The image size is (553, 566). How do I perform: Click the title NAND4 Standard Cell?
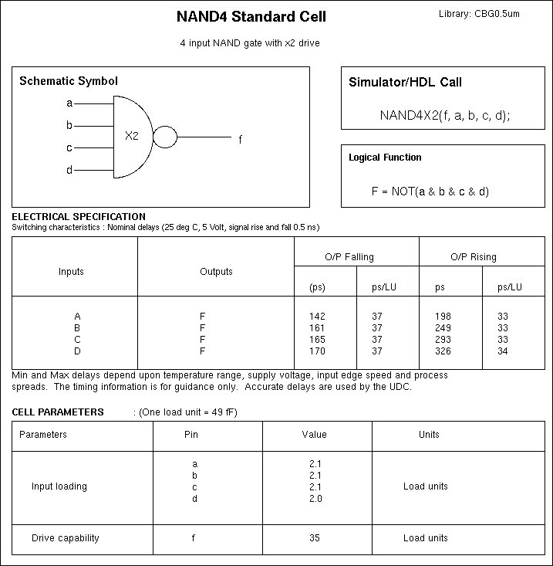click(x=251, y=17)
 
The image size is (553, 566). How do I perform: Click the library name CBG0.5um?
click(x=479, y=15)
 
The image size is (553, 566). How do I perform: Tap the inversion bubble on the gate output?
click(x=165, y=137)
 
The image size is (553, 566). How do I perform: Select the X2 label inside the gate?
click(x=132, y=136)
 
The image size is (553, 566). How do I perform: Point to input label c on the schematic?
click(x=69, y=147)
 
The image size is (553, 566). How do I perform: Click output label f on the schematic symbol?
click(x=240, y=140)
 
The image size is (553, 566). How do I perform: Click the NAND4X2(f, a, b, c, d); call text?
click(x=444, y=115)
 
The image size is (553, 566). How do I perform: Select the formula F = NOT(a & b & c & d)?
click(x=430, y=191)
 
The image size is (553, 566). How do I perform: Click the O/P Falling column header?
click(x=349, y=257)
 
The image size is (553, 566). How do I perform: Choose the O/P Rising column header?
click(x=474, y=257)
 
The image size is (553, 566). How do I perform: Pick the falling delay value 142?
click(x=317, y=317)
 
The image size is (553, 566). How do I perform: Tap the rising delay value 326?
click(x=443, y=351)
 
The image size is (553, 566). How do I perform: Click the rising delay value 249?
click(x=443, y=328)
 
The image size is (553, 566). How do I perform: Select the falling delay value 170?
click(x=317, y=351)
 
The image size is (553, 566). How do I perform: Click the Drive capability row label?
click(x=65, y=538)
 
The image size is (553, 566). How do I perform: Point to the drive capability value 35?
click(x=314, y=538)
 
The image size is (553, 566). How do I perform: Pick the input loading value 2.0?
click(x=315, y=499)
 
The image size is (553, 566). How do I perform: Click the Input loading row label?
click(x=59, y=486)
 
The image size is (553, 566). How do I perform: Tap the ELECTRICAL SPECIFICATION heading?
click(x=79, y=217)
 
